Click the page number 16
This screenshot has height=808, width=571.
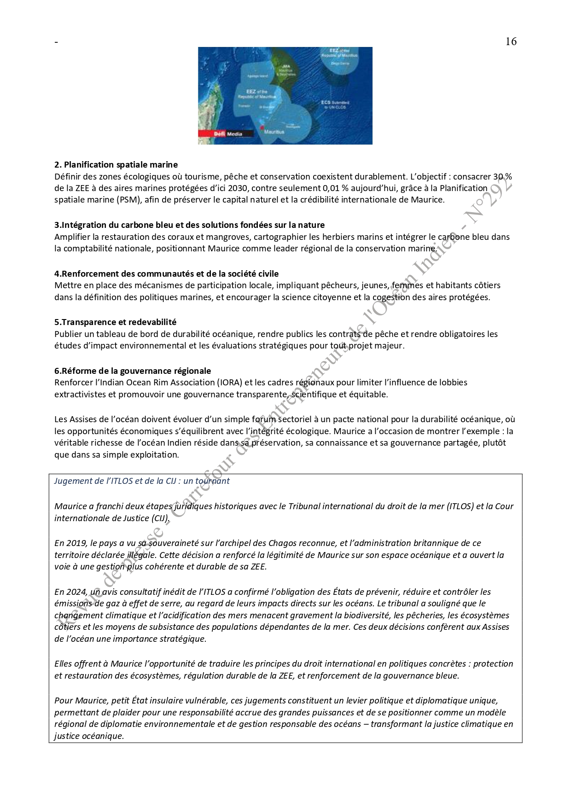pyautogui.click(x=511, y=41)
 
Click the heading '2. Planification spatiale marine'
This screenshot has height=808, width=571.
pyautogui.click(x=116, y=164)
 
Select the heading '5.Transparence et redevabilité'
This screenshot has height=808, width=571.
pyautogui.click(x=115, y=322)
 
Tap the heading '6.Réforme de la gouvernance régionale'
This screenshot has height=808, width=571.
pyautogui.click(x=133, y=371)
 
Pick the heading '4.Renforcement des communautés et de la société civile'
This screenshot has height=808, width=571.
pyautogui.click(x=166, y=273)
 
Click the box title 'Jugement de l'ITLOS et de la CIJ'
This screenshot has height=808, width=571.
pyautogui.click(x=142, y=481)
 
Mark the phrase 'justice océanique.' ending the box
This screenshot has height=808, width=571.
pyautogui.click(x=89, y=736)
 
